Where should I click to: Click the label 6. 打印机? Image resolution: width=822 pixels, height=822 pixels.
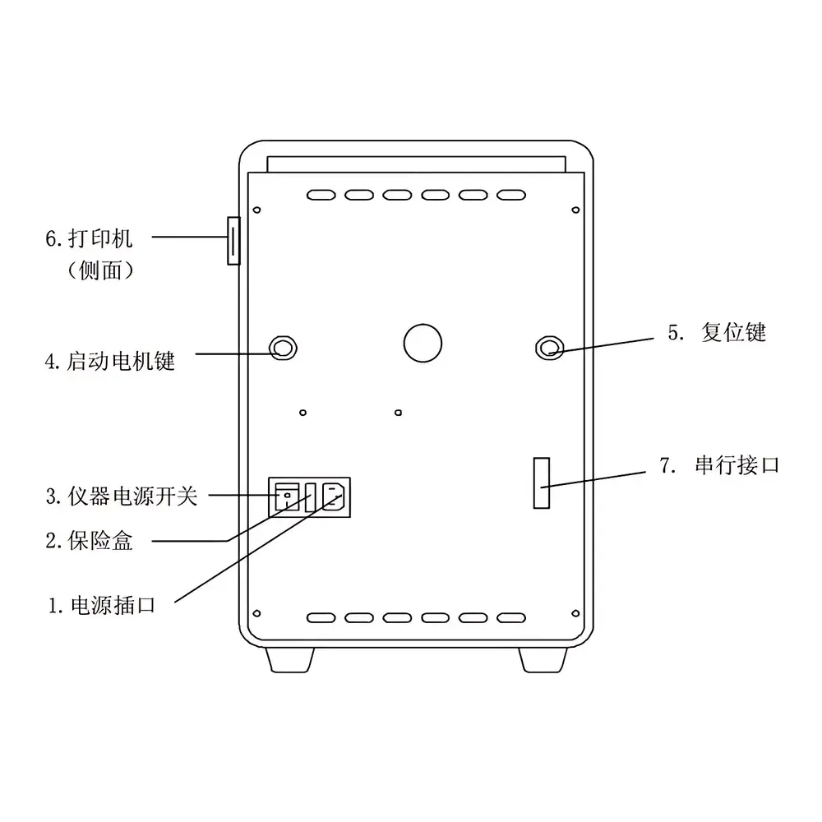89,238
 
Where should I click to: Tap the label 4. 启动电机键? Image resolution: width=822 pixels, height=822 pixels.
109,361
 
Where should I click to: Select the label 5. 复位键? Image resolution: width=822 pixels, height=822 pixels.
717,332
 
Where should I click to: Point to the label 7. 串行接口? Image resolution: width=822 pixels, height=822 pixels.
719,465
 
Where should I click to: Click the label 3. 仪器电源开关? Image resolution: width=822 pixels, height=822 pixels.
121,496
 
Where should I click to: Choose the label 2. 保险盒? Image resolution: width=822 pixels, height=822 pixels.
89,541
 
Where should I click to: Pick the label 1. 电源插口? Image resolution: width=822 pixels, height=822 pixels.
102,606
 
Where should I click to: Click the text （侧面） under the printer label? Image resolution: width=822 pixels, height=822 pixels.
100,270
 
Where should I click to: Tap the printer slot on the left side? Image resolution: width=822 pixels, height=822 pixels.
233,241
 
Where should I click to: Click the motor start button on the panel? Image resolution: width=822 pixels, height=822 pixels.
283,348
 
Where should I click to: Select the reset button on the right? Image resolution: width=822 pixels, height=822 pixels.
549,348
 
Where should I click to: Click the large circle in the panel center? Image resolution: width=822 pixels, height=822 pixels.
423,343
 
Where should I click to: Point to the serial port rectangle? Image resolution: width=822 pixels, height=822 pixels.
542,483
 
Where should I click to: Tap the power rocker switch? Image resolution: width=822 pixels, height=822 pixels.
287,497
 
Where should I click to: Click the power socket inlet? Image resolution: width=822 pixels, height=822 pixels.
333,496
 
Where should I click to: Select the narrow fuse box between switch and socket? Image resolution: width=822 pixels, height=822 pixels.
311,497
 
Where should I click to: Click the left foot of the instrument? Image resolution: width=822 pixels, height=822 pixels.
290,660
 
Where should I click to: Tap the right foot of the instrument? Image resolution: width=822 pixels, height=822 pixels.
543,660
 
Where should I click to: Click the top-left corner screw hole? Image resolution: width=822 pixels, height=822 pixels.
256,210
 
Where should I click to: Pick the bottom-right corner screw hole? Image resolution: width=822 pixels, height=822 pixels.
575,613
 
